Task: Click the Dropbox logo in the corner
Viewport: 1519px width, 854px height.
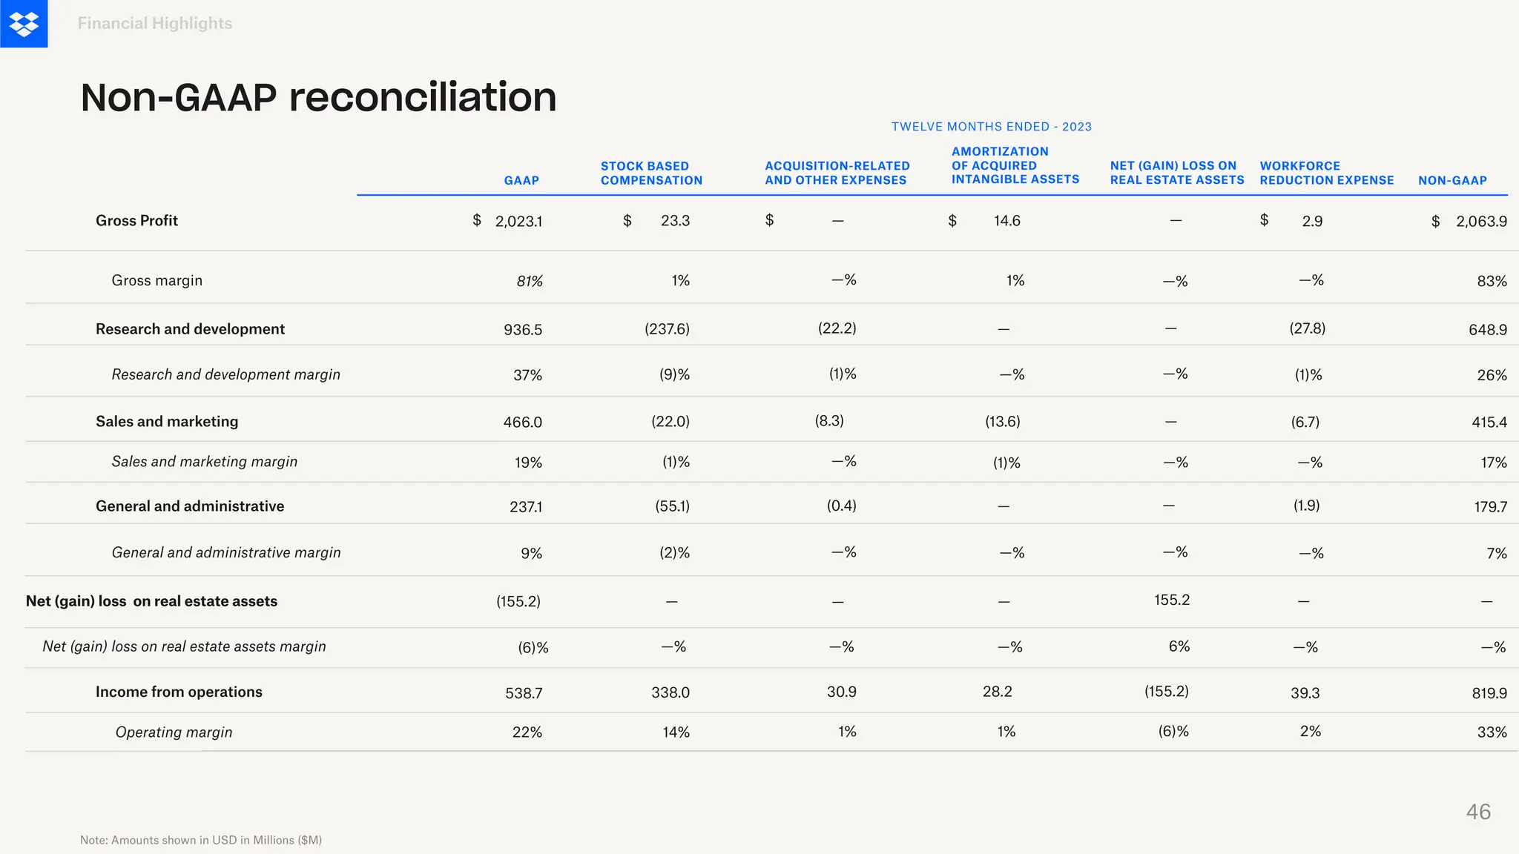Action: click(24, 24)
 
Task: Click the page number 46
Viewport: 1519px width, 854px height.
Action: click(1477, 812)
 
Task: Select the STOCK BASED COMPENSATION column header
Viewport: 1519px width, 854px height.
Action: click(651, 173)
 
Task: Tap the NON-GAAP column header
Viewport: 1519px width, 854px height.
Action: click(1452, 180)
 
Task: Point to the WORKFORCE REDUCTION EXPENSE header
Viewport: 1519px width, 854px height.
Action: click(1326, 173)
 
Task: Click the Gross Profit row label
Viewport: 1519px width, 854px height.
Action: click(136, 220)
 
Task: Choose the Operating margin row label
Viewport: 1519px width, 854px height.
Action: click(174, 732)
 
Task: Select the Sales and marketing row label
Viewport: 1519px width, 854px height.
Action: click(167, 421)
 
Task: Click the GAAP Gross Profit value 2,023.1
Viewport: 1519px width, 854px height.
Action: click(518, 221)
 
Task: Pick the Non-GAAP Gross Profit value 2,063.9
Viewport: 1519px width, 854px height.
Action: click(1481, 221)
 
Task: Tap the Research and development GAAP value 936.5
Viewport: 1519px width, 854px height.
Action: click(523, 329)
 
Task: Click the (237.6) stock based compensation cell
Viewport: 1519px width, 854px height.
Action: click(667, 328)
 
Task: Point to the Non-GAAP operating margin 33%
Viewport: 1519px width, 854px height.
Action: click(1492, 732)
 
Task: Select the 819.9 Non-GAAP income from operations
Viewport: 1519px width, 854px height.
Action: click(1489, 693)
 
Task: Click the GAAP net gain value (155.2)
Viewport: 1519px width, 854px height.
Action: click(518, 601)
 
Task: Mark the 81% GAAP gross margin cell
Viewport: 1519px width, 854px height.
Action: click(530, 281)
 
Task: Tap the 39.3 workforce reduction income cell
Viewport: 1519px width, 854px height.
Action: click(1305, 693)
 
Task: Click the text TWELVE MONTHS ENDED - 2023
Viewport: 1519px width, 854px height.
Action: click(991, 127)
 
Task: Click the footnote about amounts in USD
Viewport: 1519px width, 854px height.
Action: click(201, 840)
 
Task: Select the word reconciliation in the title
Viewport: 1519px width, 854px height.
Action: click(423, 97)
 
